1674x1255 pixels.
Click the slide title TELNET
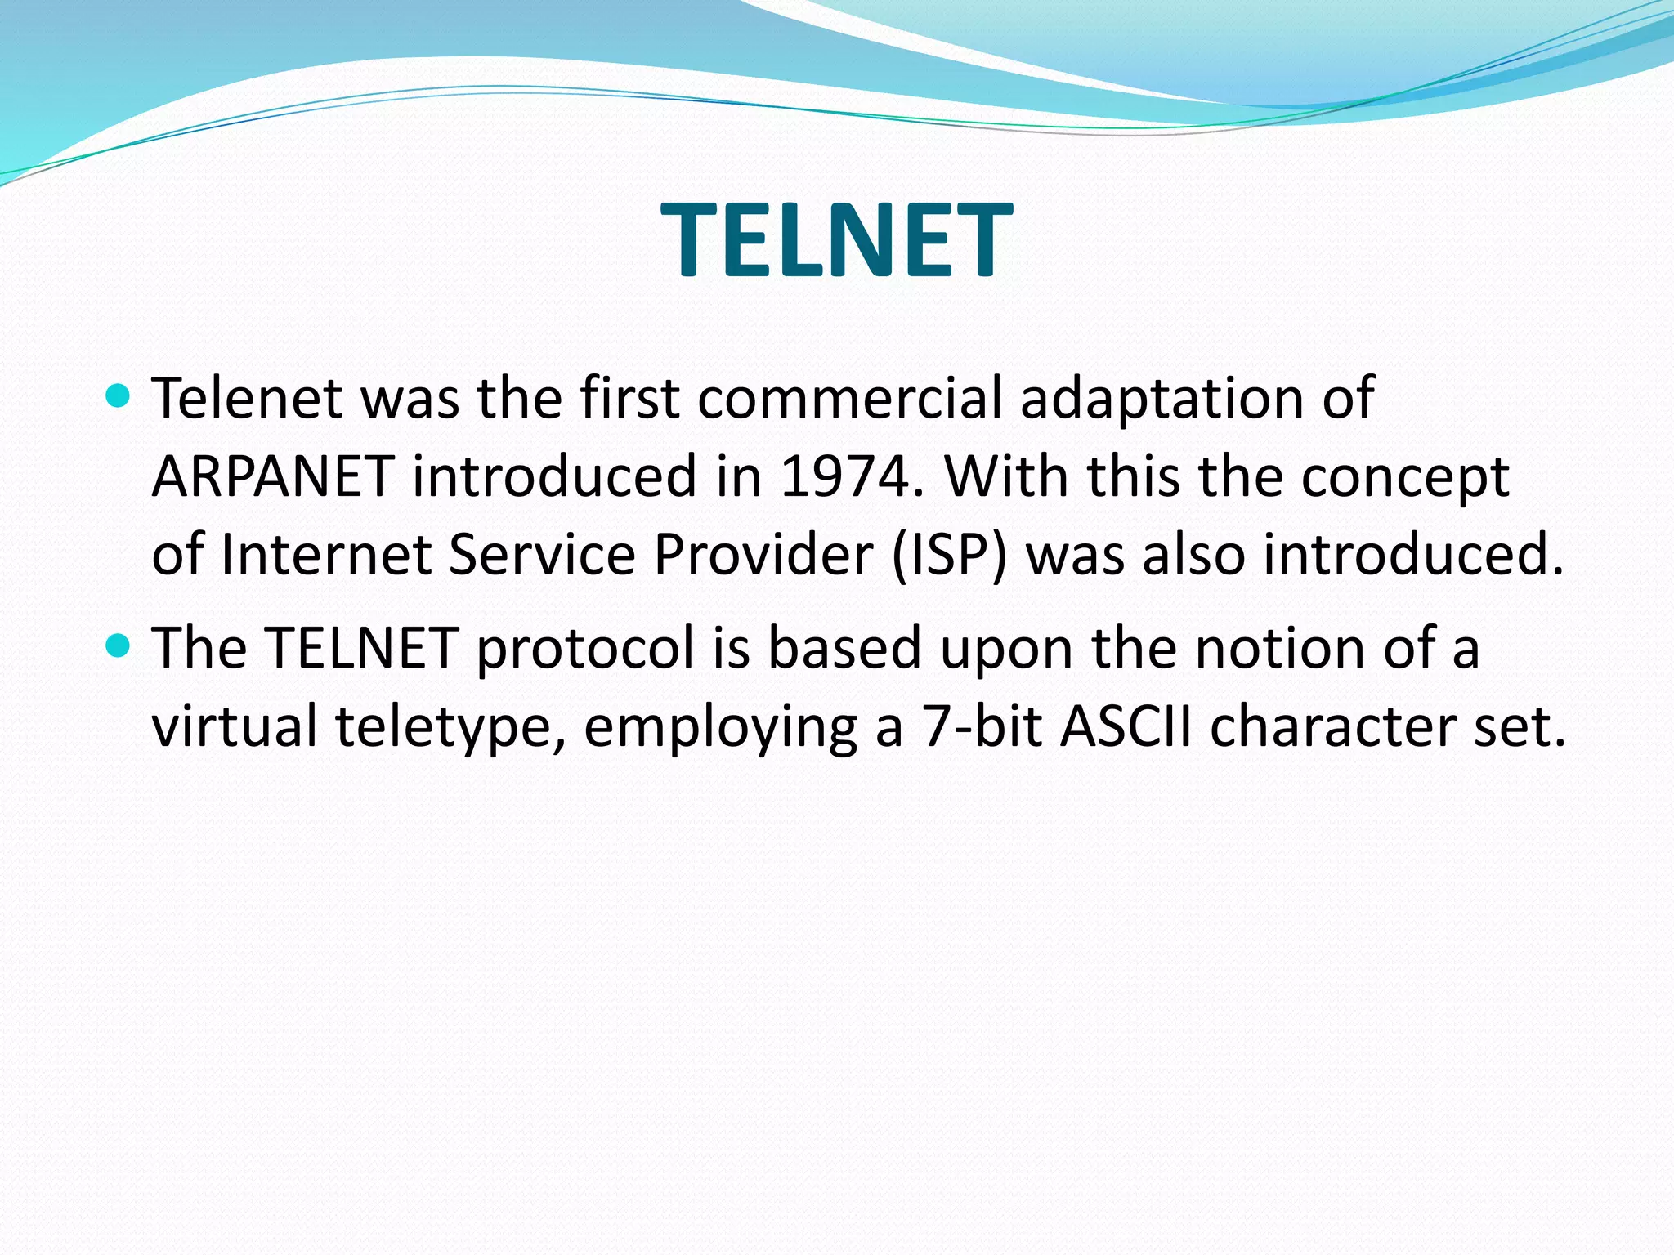(x=836, y=241)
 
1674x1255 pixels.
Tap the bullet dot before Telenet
(x=119, y=396)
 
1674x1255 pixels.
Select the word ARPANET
(x=273, y=476)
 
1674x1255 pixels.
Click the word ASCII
(x=1126, y=726)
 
